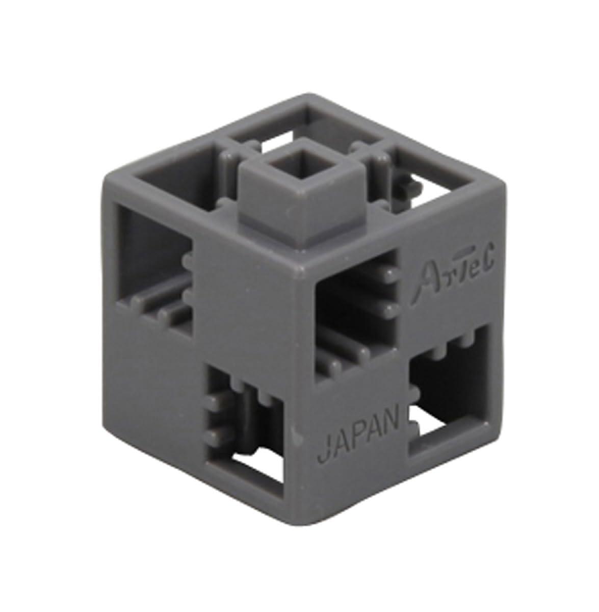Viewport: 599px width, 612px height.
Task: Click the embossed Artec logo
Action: tap(450, 274)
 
